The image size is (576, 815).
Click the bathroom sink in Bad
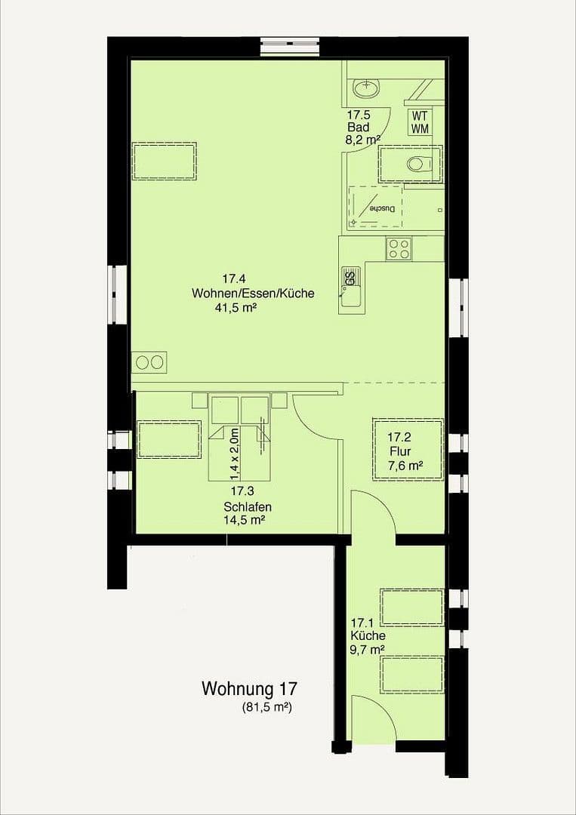(x=366, y=89)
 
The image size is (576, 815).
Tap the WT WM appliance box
(x=420, y=122)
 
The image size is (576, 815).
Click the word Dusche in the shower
(x=382, y=208)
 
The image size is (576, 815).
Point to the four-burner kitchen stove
(x=399, y=249)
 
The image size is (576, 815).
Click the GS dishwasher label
(x=350, y=278)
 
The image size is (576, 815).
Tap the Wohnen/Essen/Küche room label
(x=253, y=294)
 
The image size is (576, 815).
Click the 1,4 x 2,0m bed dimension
(x=235, y=454)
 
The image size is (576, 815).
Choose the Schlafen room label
(x=248, y=506)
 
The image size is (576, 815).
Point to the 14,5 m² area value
(x=243, y=520)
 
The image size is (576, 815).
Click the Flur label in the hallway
(x=399, y=451)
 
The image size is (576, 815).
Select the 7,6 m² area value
(x=405, y=466)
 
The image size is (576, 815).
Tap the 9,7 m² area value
(x=368, y=649)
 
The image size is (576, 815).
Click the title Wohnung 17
(x=249, y=689)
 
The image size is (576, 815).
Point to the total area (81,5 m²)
(x=267, y=708)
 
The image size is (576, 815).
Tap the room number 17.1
(x=362, y=623)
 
